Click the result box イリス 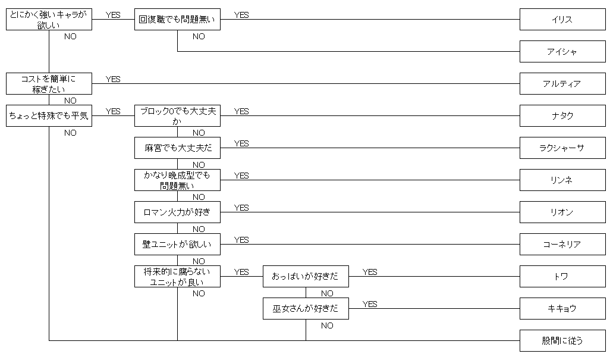tap(562, 19)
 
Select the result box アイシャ tap(562, 51)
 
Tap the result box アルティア tap(562, 83)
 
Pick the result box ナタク tap(562, 115)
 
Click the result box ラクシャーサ tap(562, 148)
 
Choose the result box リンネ tap(562, 180)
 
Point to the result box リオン tap(562, 212)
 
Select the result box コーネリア tap(562, 244)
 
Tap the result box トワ tap(562, 276)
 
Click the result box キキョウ tap(562, 308)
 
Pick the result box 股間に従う tap(562, 340)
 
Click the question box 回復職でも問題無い tap(178, 19)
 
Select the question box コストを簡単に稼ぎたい tap(49, 83)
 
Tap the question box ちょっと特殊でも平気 tap(49, 115)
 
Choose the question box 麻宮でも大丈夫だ tap(178, 148)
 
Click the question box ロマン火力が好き tap(178, 212)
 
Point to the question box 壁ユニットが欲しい tap(178, 244)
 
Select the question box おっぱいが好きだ tap(306, 276)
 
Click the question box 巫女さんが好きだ tap(306, 308)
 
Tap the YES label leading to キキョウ tap(370, 304)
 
